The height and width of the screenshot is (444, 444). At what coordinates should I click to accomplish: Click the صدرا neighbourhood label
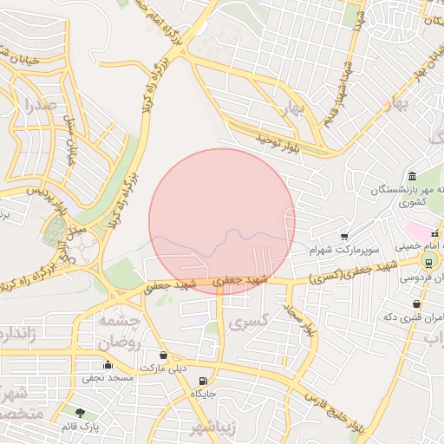click(x=40, y=107)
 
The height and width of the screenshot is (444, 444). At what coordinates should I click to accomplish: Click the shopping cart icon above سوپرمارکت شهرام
click(x=344, y=236)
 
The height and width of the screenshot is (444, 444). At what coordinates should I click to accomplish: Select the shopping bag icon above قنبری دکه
click(x=418, y=304)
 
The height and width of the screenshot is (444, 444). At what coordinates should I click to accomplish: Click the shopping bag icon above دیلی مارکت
click(x=164, y=355)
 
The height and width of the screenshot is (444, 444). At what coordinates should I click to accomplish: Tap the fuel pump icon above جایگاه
click(x=203, y=381)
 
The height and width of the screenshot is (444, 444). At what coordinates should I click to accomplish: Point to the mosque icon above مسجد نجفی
click(x=108, y=365)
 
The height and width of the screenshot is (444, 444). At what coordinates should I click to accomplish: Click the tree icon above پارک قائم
click(x=81, y=414)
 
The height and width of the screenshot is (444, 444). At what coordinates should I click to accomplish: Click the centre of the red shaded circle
click(x=222, y=221)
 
